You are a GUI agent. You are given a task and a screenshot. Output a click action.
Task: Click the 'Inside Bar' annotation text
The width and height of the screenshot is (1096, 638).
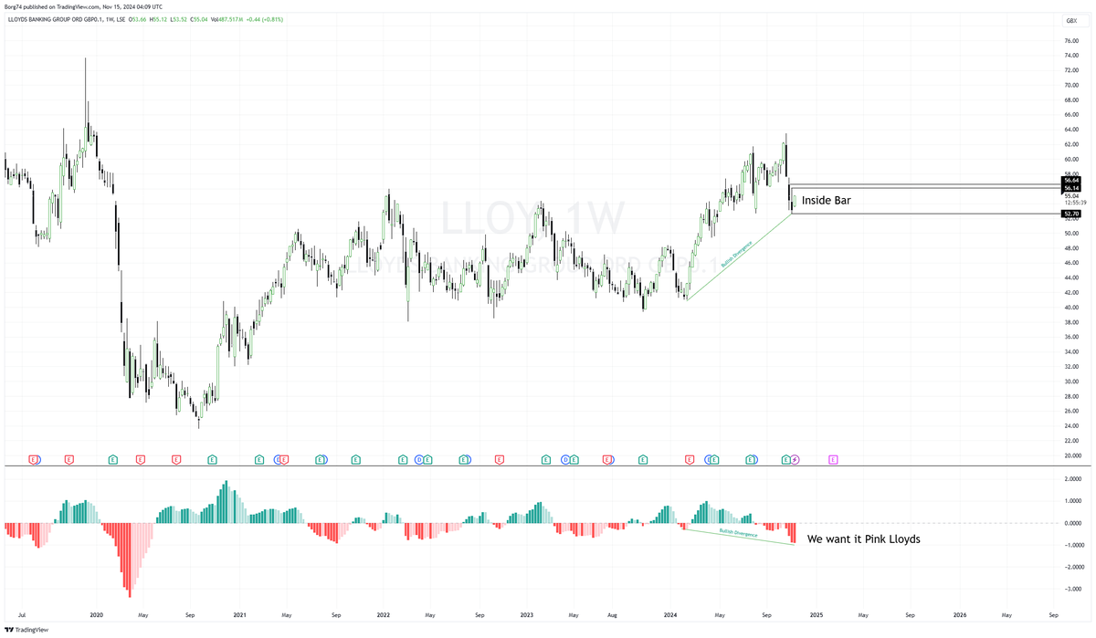(x=826, y=200)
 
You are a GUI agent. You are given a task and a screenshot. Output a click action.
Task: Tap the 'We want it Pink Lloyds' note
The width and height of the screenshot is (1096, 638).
(x=863, y=539)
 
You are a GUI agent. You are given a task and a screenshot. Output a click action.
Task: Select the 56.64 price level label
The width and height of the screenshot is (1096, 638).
(x=1071, y=181)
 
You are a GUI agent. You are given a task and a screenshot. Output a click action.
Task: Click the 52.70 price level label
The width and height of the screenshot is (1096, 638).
(x=1071, y=214)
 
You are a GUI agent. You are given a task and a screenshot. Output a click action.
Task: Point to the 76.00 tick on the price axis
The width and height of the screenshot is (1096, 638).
(x=1071, y=41)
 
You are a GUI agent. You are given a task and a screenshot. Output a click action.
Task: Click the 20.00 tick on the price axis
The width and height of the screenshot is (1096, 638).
(x=1071, y=455)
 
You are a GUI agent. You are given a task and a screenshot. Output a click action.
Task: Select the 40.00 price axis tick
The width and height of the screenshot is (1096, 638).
(x=1071, y=308)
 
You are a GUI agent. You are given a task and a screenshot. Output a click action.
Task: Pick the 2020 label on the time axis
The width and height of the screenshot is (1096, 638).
(x=96, y=615)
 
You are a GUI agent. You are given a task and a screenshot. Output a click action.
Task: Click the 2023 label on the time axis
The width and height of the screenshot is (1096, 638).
(x=527, y=615)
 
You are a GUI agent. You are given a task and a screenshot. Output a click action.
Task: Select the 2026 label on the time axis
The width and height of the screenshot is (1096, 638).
(x=959, y=615)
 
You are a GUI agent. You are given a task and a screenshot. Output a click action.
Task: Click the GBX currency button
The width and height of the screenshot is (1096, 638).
(x=1071, y=20)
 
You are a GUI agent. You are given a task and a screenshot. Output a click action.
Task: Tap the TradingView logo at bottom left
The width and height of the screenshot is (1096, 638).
(x=26, y=629)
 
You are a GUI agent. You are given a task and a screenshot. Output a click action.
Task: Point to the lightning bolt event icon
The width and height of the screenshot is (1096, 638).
(x=795, y=460)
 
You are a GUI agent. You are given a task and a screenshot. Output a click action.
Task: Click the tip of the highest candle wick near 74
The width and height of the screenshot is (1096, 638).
(x=86, y=58)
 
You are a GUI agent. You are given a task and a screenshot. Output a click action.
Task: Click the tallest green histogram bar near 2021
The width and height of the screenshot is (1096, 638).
(x=226, y=482)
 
